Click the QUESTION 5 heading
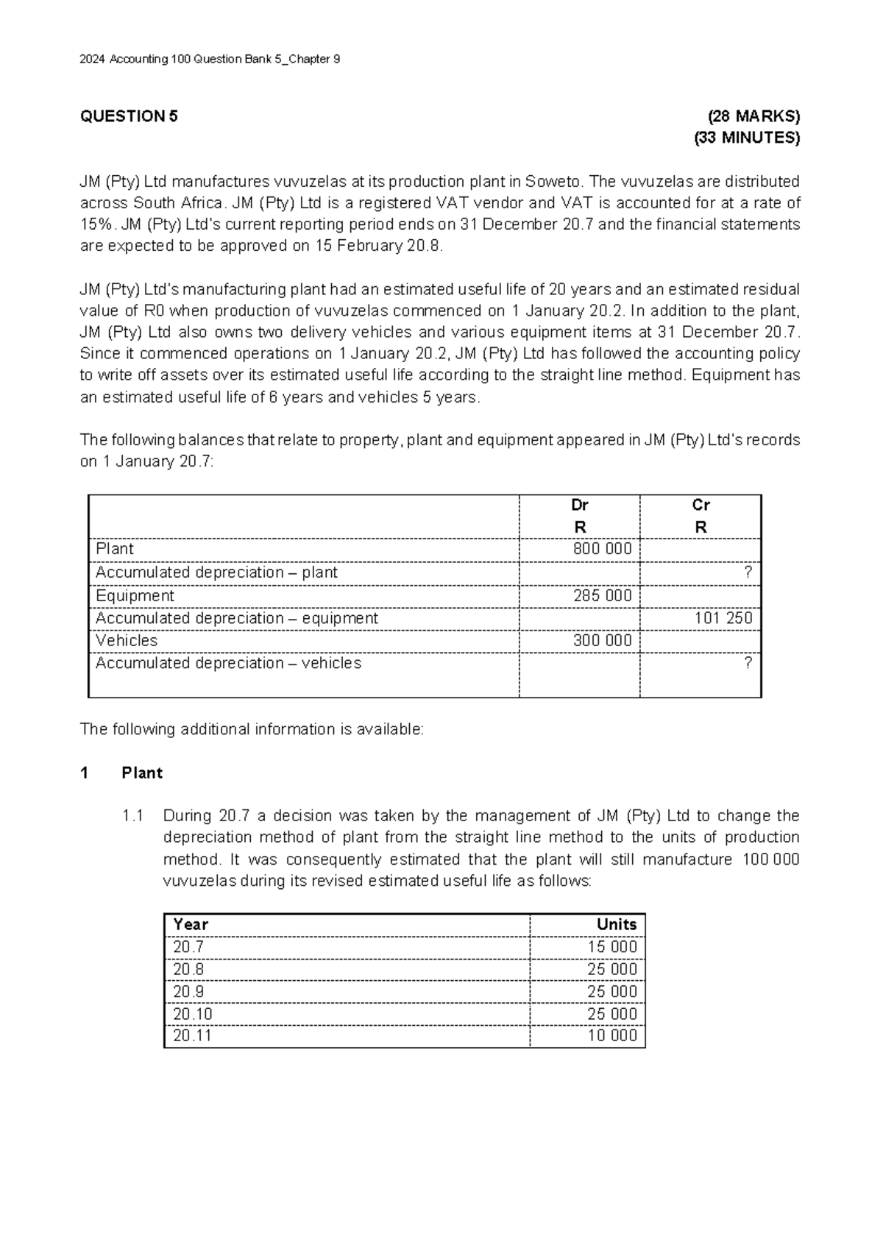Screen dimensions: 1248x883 point(129,116)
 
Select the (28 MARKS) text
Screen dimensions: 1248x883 point(753,116)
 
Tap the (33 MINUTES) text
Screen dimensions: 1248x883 point(747,138)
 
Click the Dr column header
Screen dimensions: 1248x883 point(579,505)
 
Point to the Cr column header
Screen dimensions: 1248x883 point(701,505)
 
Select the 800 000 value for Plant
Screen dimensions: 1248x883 point(602,549)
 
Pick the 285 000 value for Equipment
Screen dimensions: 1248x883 point(602,595)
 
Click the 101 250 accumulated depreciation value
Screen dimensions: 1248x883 point(723,618)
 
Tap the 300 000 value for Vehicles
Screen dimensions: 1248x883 point(602,640)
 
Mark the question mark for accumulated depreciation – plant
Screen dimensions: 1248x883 point(748,572)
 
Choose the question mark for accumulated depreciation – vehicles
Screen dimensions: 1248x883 point(748,663)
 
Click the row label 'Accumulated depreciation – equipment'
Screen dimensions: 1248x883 point(236,618)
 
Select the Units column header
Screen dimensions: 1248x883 point(617,924)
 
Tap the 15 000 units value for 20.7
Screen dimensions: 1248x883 point(612,947)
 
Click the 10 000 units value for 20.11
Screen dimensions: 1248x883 point(612,1035)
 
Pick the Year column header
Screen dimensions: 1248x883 point(190,924)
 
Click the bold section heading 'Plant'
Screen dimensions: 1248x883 point(142,773)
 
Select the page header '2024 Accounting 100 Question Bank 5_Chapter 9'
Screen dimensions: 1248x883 point(210,60)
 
